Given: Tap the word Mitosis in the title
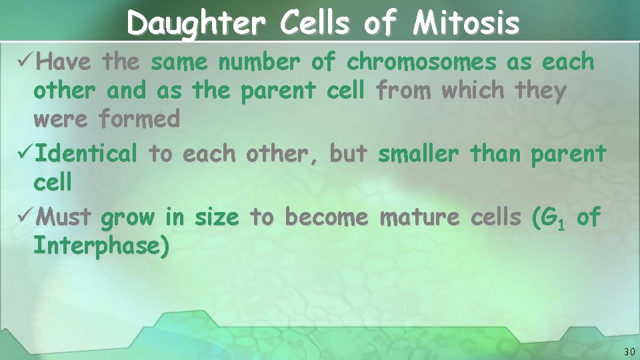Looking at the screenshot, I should [465, 24].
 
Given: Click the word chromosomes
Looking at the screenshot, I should [421, 62].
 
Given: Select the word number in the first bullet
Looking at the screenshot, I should [261, 62].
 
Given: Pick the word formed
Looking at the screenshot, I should [139, 119].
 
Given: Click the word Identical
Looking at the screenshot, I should [86, 153].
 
